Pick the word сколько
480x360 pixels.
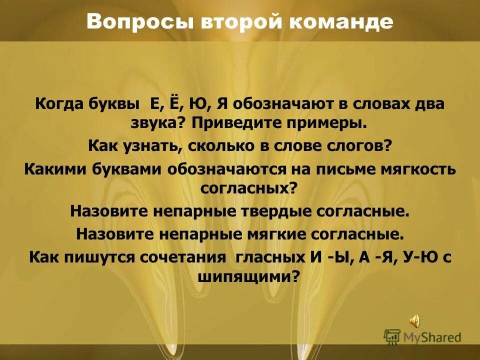click(x=206, y=146)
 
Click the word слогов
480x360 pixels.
click(x=357, y=146)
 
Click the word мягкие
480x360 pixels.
click(x=278, y=233)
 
